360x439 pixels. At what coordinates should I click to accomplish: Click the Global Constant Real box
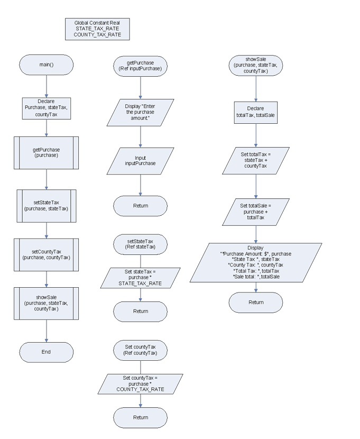(97, 29)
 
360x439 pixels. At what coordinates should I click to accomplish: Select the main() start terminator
(47, 65)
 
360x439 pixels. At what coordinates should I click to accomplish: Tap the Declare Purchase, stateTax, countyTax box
(47, 107)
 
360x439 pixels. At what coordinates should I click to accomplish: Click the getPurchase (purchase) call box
(47, 153)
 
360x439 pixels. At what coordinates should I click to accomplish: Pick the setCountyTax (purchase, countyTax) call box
(47, 254)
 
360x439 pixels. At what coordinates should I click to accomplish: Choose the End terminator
(47, 352)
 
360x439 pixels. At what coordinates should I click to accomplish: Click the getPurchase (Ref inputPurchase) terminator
(141, 65)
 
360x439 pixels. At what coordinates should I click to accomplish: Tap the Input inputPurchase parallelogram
(141, 161)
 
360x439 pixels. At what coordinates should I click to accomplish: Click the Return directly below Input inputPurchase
(141, 206)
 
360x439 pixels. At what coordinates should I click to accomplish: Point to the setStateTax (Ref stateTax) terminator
(141, 244)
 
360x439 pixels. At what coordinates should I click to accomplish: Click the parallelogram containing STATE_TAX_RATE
(141, 278)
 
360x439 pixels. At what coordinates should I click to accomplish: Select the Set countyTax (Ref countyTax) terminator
(141, 350)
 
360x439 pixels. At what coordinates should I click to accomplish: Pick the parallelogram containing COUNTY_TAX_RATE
(141, 383)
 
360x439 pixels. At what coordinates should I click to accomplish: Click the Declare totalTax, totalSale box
(256, 112)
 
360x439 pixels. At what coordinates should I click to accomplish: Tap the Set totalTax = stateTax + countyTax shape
(256, 160)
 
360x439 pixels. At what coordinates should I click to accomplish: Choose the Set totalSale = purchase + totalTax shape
(256, 211)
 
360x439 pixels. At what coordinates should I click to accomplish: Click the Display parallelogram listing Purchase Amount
(256, 262)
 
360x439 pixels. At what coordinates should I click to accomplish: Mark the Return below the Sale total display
(256, 302)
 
